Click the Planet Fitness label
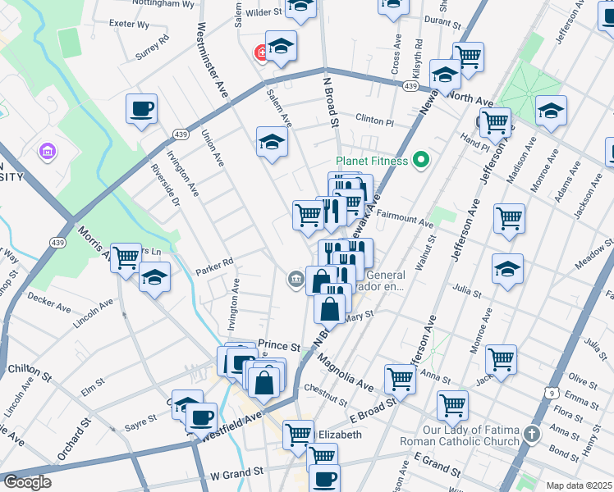point(372,161)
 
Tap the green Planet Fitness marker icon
point(422,160)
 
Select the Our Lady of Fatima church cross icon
point(532,433)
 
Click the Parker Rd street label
point(214,262)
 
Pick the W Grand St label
point(236,473)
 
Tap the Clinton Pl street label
point(375,120)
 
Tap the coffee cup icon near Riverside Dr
point(141,108)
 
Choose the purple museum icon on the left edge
point(47,152)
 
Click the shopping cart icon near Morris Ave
point(126,257)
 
